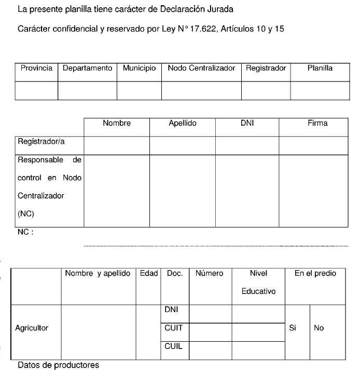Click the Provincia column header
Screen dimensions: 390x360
pos(36,68)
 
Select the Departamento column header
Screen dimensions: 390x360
pos(87,68)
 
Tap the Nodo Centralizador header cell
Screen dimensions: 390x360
pos(201,68)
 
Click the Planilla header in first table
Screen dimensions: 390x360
pos(320,68)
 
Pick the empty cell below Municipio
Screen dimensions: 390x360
pos(139,90)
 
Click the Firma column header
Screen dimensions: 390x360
pos(317,124)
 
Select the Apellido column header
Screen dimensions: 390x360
pos(183,124)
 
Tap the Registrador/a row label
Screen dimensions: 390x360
pos(41,141)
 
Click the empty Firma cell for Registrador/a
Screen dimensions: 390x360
pos(313,145)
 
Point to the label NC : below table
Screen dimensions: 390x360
pos(25,233)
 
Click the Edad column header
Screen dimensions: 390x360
pos(148,274)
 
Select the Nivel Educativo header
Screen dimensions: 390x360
pos(258,282)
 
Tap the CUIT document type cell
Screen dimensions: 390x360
pos(173,328)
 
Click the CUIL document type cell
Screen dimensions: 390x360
pos(173,346)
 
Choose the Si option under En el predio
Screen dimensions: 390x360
pos(293,328)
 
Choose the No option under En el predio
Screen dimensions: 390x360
pos(319,328)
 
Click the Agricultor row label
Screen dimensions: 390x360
pos(32,328)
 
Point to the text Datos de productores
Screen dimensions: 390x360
pos(58,365)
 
